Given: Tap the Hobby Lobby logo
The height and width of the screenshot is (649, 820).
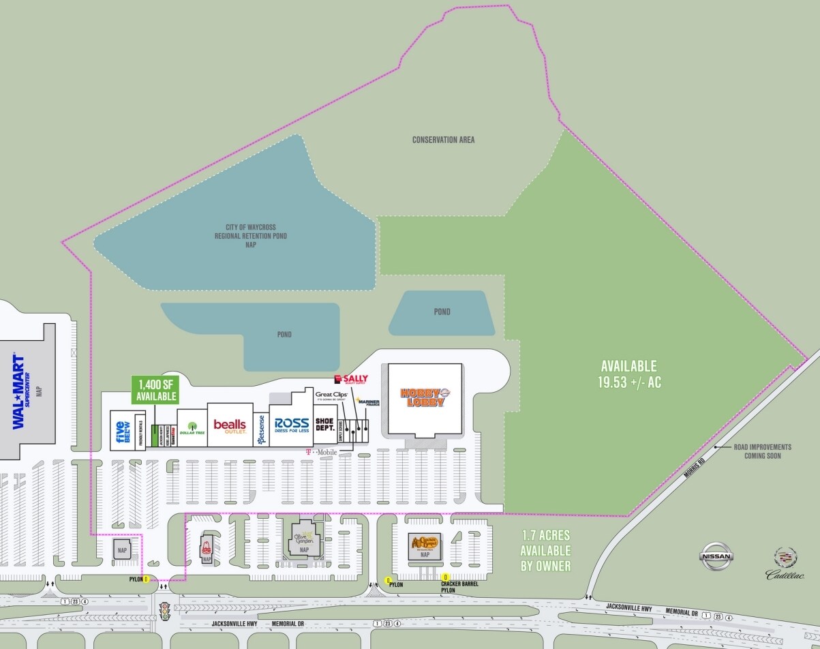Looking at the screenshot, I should point(422,397).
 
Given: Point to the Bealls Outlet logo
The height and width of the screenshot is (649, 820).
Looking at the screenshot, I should point(229,426).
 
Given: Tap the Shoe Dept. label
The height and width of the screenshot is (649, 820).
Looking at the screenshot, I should point(324,423).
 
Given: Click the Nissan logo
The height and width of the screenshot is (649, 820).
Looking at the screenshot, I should point(718,556).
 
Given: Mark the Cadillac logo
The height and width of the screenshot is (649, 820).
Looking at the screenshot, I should point(785,564).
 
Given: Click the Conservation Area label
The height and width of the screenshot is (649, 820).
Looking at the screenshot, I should point(443,140).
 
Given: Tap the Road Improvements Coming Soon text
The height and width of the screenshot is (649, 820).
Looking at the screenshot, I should point(762,451).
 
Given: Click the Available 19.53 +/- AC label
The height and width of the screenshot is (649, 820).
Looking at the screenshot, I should point(628,374).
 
